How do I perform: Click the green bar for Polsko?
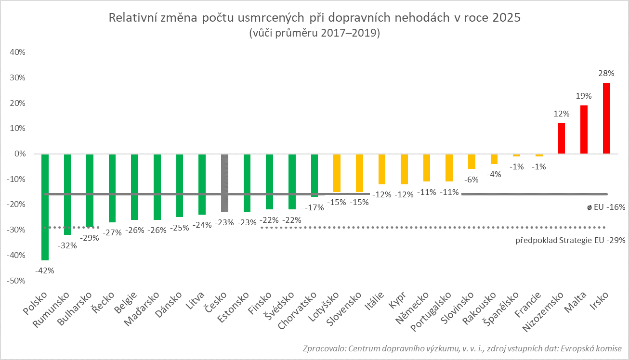click(x=45, y=207)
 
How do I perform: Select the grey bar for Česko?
click(x=224, y=183)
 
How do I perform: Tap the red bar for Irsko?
click(x=606, y=118)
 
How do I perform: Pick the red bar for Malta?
click(x=584, y=129)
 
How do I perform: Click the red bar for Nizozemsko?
click(x=562, y=139)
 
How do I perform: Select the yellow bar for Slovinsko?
click(x=472, y=162)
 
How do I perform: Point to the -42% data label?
click(x=45, y=270)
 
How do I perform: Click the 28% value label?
click(x=606, y=74)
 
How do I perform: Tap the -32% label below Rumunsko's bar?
click(x=67, y=245)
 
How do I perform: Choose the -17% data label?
click(x=314, y=208)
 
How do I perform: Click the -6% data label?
click(x=472, y=179)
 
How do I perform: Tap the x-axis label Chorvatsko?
click(x=299, y=311)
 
